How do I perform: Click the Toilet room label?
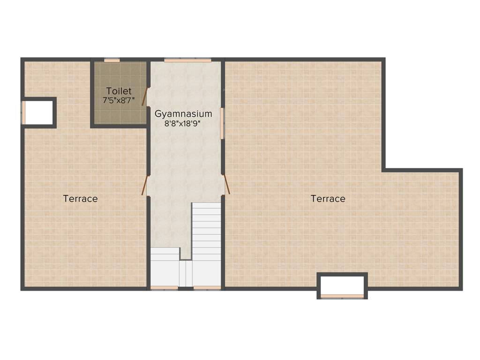coord(119,91)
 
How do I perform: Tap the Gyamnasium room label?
coord(183,113)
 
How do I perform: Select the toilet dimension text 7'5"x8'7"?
coord(119,100)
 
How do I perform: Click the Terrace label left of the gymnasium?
coord(81,199)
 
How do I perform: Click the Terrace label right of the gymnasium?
coord(328,199)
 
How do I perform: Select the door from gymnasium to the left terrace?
coord(145,185)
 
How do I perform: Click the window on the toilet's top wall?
coord(112,60)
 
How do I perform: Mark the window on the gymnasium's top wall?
coord(187,60)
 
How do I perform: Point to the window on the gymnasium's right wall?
coord(222,123)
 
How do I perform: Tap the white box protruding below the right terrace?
coord(342,284)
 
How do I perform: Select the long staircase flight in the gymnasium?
coord(206,230)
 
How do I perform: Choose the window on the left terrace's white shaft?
coord(23,112)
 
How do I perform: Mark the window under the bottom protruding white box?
coord(342,296)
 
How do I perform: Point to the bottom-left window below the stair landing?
coord(164,288)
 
